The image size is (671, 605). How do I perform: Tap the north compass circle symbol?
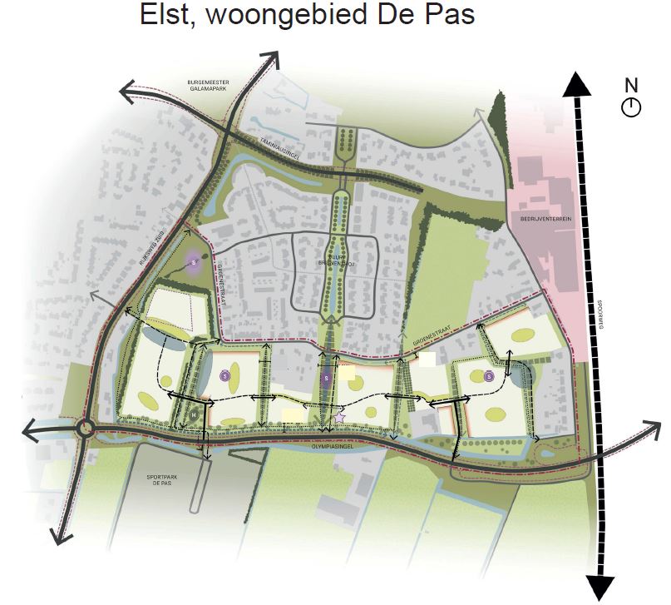point(631,107)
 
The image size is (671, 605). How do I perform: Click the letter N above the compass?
point(631,85)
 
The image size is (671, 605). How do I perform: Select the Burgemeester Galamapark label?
point(209,87)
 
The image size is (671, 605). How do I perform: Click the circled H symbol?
point(194,414)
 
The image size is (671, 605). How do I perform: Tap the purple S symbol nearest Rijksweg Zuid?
point(194,263)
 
